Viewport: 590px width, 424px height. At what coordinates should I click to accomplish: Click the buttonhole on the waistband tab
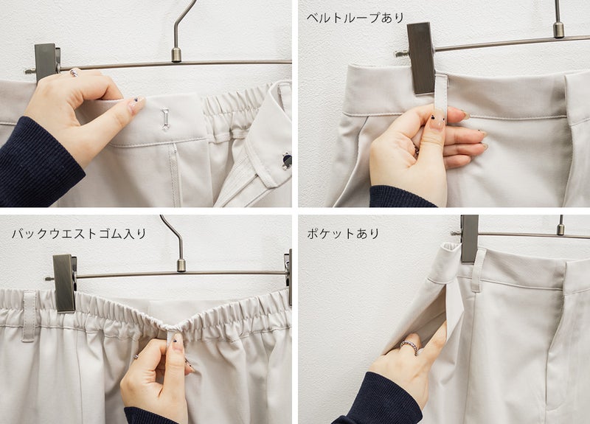pyautogui.click(x=165, y=119)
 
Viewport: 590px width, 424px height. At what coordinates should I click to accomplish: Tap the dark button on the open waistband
pyautogui.click(x=287, y=161)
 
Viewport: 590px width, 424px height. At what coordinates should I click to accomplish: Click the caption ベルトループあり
pyautogui.click(x=355, y=18)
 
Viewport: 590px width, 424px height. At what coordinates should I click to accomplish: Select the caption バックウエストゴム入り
pyautogui.click(x=79, y=234)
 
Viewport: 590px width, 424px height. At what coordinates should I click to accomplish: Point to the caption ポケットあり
pyautogui.click(x=343, y=234)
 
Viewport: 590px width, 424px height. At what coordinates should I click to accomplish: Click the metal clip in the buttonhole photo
pyautogui.click(x=47, y=62)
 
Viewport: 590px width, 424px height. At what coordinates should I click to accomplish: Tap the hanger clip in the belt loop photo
pyautogui.click(x=420, y=58)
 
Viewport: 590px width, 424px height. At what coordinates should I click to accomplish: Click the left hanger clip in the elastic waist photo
pyautogui.click(x=65, y=283)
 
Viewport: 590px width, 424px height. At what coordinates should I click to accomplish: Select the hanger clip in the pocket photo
pyautogui.click(x=470, y=238)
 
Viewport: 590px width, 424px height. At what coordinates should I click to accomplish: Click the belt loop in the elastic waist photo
pyautogui.click(x=29, y=316)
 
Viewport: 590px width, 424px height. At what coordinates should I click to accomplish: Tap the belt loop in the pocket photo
pyautogui.click(x=477, y=270)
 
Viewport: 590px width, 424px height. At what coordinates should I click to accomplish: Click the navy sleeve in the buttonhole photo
pyautogui.click(x=37, y=164)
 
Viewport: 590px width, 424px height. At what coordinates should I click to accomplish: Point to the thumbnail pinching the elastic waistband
pyautogui.click(x=178, y=341)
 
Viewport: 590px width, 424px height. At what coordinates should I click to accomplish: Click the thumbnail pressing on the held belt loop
pyautogui.click(x=437, y=122)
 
